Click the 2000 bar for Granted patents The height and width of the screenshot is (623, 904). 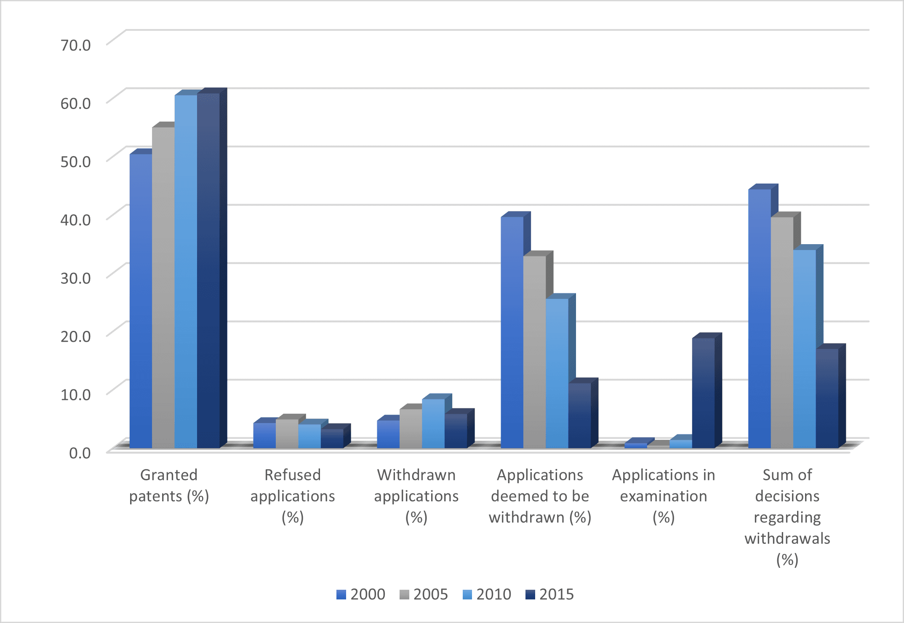coord(141,301)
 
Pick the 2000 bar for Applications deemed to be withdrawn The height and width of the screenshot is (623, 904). coord(512,332)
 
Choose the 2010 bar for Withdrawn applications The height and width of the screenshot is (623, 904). coord(433,423)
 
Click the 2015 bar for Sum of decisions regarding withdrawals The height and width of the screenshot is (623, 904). coord(827,398)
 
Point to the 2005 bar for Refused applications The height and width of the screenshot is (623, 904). coord(287,433)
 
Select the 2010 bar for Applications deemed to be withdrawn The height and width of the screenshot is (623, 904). coord(557,373)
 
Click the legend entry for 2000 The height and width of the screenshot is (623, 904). coord(361,594)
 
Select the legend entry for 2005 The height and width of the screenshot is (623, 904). coord(424,594)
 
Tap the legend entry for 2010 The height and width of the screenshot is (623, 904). coord(487,594)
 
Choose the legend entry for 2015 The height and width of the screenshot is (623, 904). coord(549,594)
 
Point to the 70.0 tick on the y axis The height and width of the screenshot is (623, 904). coord(76,45)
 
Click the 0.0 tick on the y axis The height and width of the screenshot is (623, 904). coord(80,453)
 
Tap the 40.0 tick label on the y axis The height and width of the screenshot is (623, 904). coord(76,220)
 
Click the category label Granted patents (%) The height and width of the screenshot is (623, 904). coord(169,485)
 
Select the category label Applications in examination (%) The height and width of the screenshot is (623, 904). coord(664,496)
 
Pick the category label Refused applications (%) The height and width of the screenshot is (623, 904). coord(293,496)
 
